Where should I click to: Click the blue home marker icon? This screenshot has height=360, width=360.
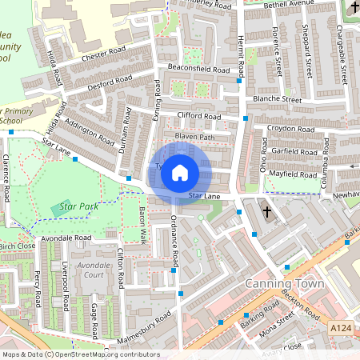pyautogui.click(x=180, y=172)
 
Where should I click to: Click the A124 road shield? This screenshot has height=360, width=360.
pyautogui.click(x=340, y=328)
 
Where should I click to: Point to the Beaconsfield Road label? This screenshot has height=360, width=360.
pyautogui.click(x=199, y=68)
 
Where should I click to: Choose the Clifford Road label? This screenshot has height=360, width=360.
pyautogui.click(x=199, y=116)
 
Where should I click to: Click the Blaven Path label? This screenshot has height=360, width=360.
pyautogui.click(x=195, y=137)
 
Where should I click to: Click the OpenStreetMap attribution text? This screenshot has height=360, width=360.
pyautogui.click(x=80, y=354)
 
